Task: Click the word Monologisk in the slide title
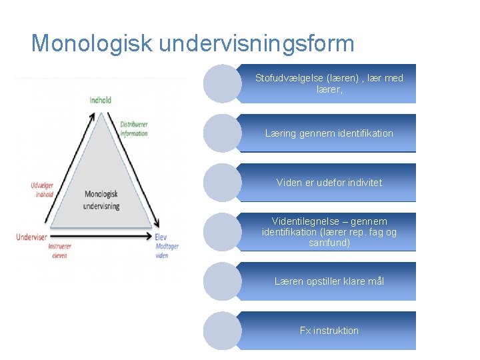[93, 43]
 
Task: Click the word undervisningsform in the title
[257, 45]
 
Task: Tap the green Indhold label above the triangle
[101, 101]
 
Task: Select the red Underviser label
[31, 236]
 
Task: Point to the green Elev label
[161, 237]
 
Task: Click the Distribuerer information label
[134, 129]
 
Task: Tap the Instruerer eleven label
[59, 250]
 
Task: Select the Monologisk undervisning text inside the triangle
[101, 200]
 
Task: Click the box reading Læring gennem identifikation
[329, 133]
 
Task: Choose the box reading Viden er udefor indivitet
[329, 183]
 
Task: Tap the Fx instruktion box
[329, 331]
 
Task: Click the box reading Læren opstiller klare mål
[329, 281]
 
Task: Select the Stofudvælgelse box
[329, 83]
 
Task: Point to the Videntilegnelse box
[329, 232]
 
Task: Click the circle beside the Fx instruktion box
[222, 331]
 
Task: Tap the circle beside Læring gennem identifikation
[222, 133]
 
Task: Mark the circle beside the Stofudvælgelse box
[222, 83]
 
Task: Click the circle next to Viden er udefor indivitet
[222, 183]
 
